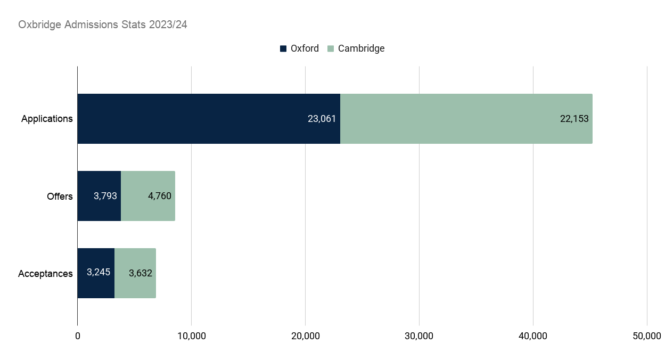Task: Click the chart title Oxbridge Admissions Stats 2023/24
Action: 103,24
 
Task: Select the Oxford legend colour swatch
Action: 283,48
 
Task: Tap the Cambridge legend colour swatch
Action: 331,48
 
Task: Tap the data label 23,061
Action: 322,119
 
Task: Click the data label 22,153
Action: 574,119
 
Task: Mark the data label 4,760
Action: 159,196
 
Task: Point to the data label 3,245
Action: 98,272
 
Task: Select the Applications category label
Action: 47,119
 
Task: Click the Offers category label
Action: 60,197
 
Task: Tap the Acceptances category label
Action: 45,274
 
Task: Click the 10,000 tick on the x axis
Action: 191,336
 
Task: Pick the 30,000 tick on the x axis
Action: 419,336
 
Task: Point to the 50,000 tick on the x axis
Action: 647,336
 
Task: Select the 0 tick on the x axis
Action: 78,336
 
